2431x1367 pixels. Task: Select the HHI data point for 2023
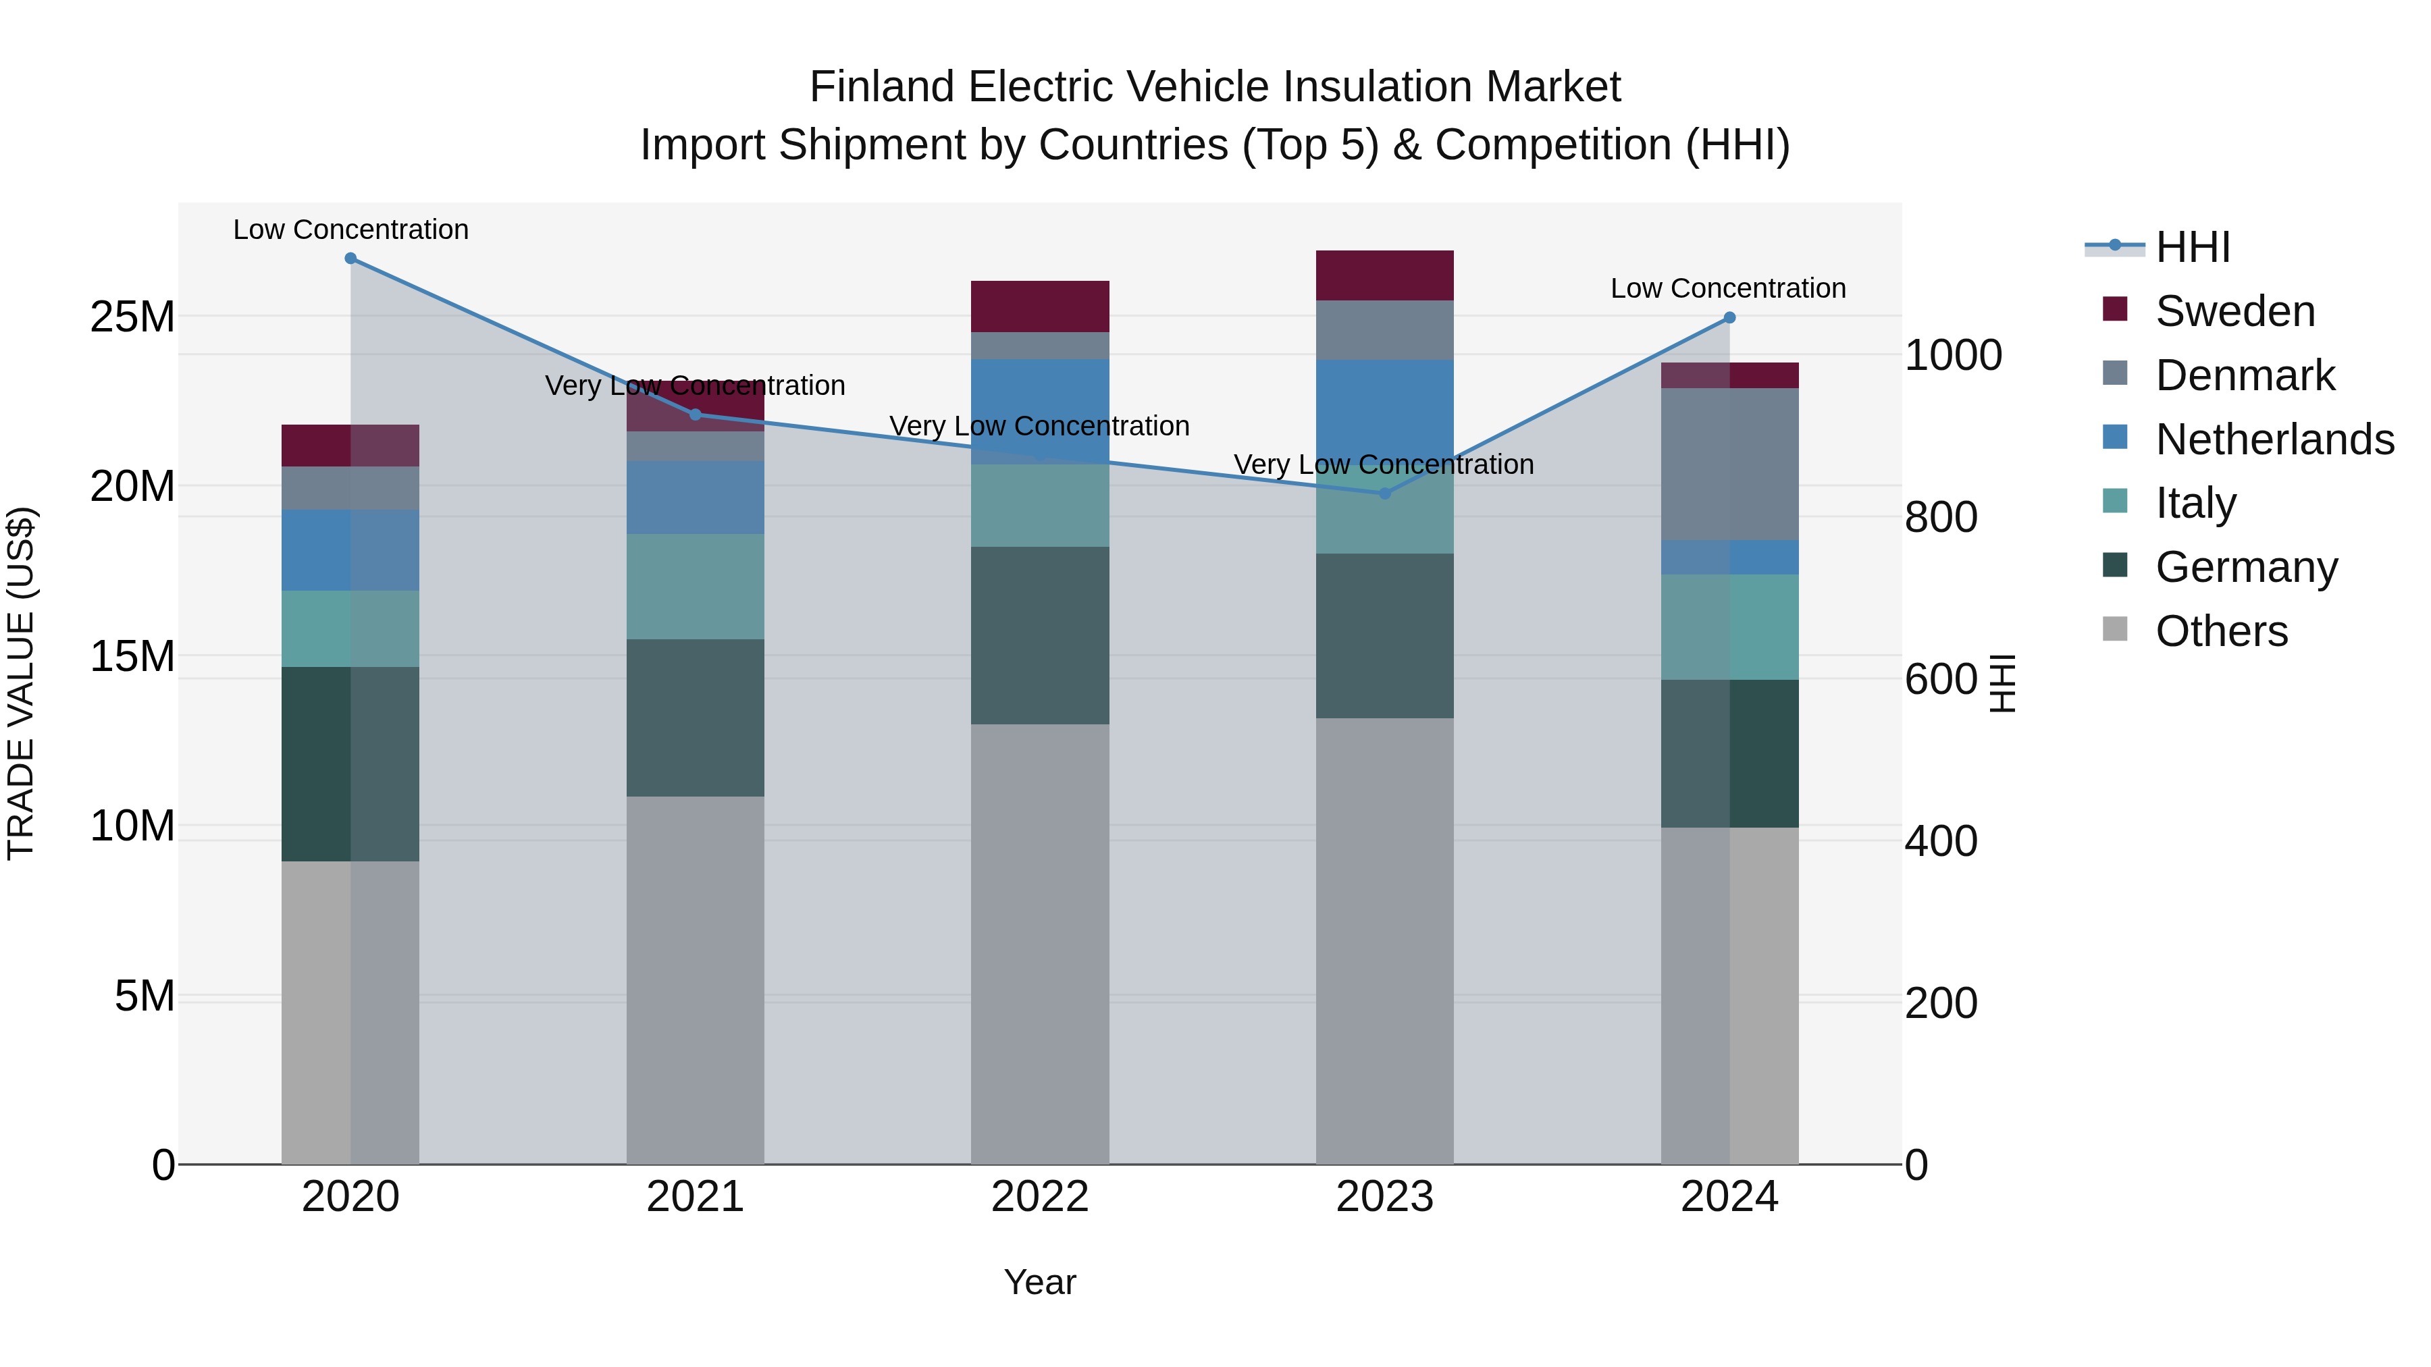[1384, 493]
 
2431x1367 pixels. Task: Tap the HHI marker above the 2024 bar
[1729, 318]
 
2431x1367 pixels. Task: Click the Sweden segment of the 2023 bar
[1384, 275]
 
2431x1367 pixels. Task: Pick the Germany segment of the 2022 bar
[1040, 635]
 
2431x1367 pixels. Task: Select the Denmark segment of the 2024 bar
[1729, 464]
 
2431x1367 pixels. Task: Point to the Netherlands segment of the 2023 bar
[1384, 406]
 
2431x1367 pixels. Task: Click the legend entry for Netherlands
[2274, 439]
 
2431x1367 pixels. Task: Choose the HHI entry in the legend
[2192, 247]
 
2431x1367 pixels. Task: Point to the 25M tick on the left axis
[132, 317]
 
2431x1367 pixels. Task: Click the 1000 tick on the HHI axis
[1952, 356]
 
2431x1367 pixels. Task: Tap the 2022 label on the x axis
[1040, 1197]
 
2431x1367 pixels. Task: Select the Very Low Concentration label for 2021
[695, 386]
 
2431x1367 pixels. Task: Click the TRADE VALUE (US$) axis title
[21, 683]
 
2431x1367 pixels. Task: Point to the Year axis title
[1040, 1282]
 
